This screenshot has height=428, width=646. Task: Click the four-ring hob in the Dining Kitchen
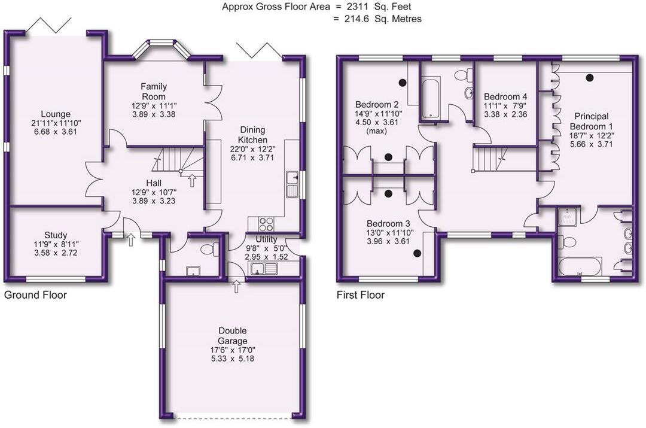266,224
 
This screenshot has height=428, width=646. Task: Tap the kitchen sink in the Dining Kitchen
292,184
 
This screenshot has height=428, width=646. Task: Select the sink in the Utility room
261,269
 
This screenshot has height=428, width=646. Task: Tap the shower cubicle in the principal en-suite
566,217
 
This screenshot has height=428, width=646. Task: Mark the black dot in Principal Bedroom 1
590,77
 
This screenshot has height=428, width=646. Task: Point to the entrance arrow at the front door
130,241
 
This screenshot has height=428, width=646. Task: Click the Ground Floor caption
35,295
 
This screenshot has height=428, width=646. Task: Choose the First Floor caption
360,295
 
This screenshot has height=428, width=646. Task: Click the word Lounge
56,114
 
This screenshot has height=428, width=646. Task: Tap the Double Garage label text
233,336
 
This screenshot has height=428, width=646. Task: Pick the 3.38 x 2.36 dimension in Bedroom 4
505,114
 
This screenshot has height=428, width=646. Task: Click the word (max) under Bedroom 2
376,130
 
